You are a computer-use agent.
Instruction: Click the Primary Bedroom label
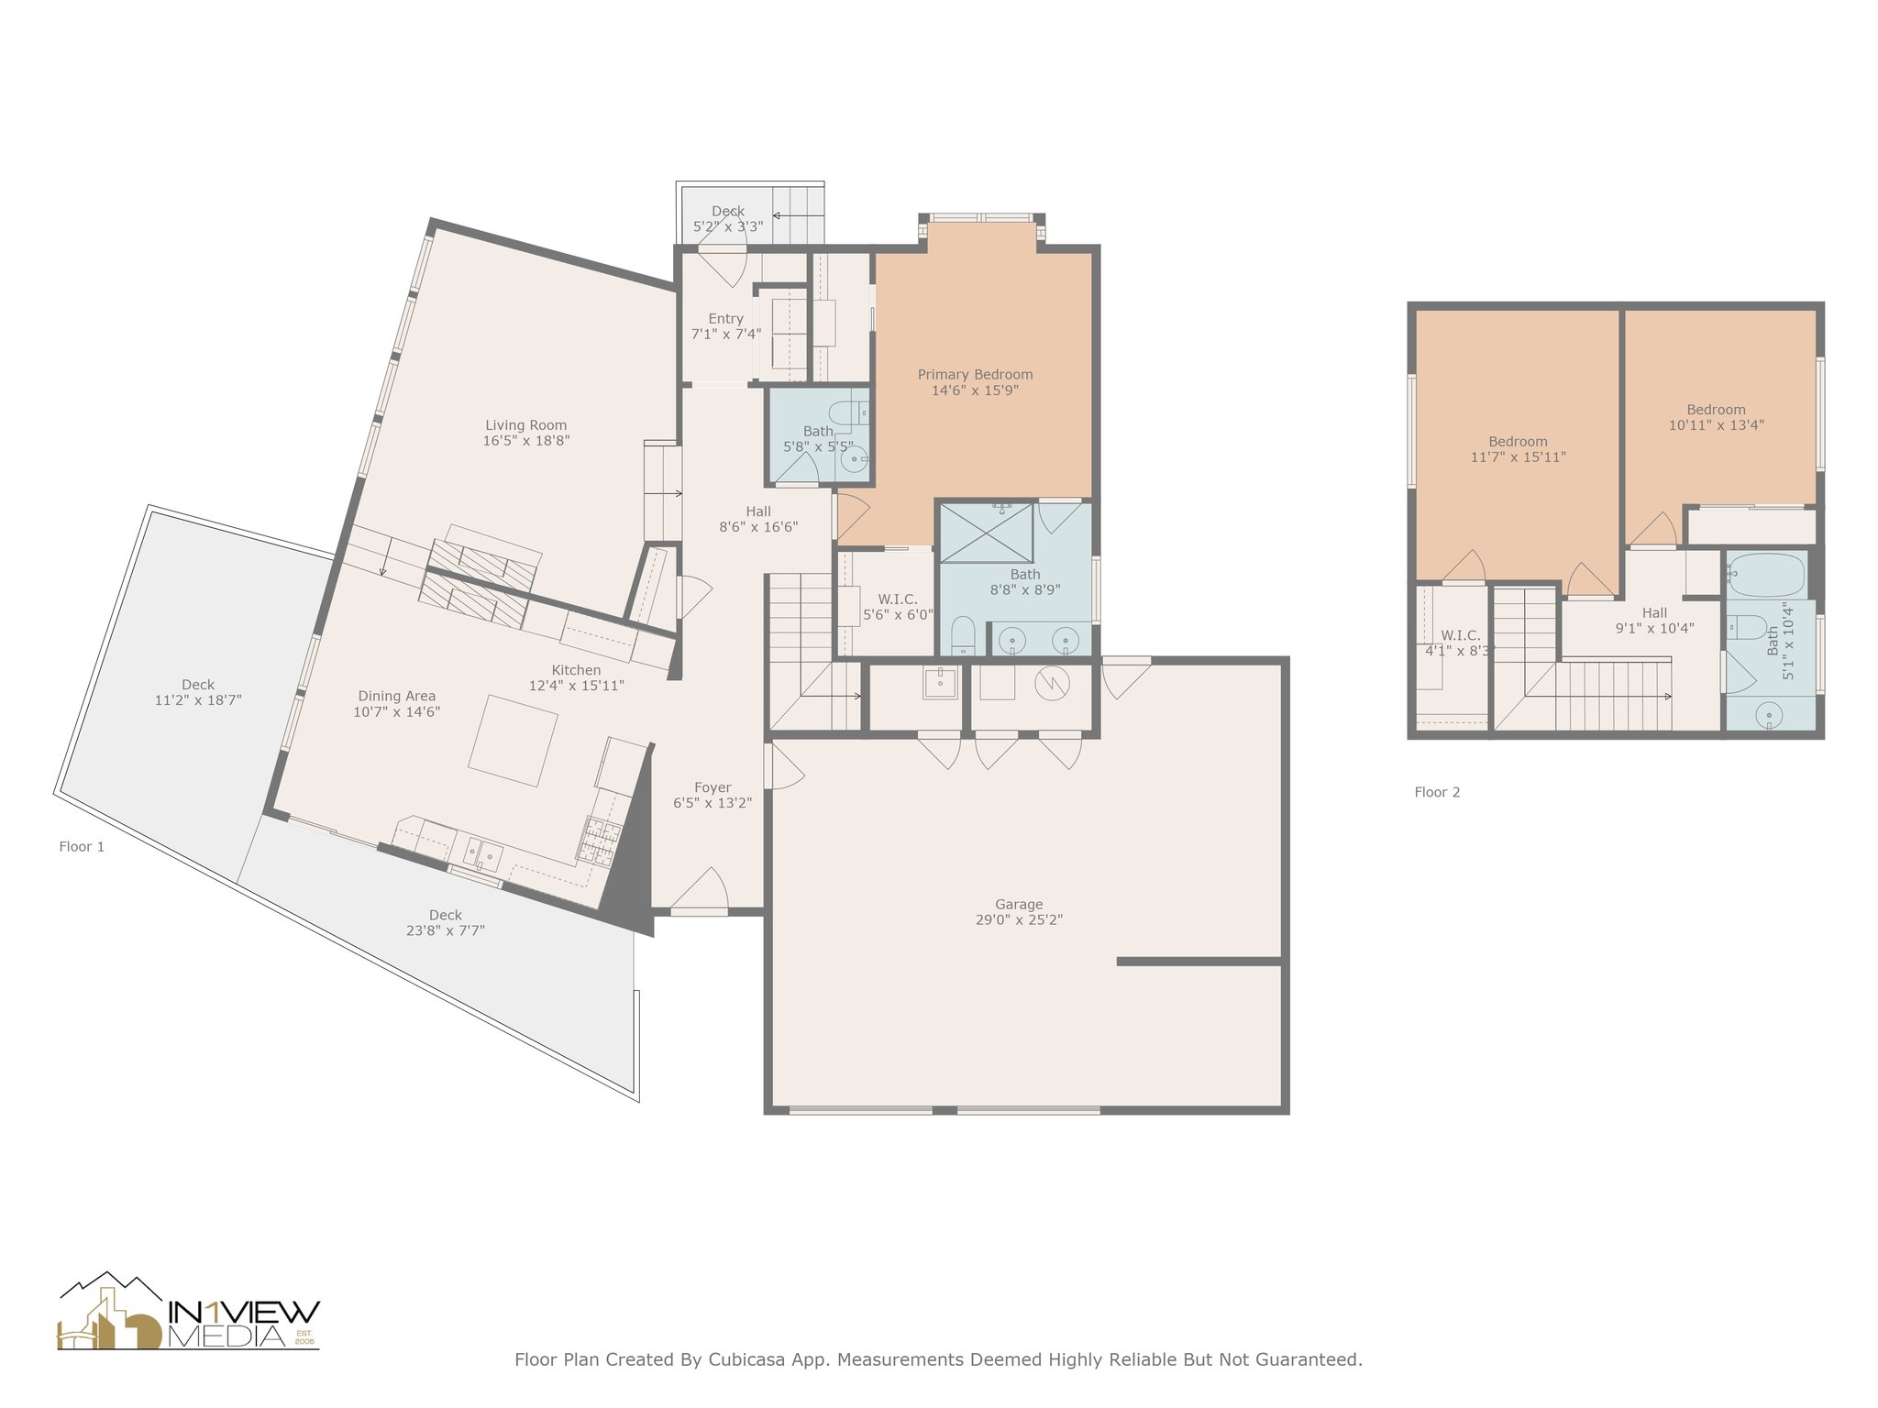pyautogui.click(x=975, y=375)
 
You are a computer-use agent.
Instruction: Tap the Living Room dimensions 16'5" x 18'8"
pyautogui.click(x=526, y=441)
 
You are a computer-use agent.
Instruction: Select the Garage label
pyautogui.click(x=1019, y=904)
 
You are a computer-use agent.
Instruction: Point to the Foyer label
pyautogui.click(x=713, y=787)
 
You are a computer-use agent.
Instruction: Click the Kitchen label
pyautogui.click(x=576, y=670)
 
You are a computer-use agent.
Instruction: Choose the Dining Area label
pyautogui.click(x=397, y=696)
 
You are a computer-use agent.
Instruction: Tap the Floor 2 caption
pyautogui.click(x=1437, y=792)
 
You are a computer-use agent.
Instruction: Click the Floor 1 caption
pyautogui.click(x=82, y=846)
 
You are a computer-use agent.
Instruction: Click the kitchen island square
pyautogui.click(x=513, y=741)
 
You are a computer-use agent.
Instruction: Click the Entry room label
pyautogui.click(x=725, y=319)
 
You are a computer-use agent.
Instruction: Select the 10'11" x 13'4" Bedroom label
pyautogui.click(x=1716, y=410)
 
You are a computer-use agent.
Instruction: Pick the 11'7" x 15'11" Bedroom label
pyautogui.click(x=1518, y=441)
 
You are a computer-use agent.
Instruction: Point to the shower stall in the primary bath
pyautogui.click(x=987, y=533)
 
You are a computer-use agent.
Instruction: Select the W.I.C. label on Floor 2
pyautogui.click(x=1460, y=635)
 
